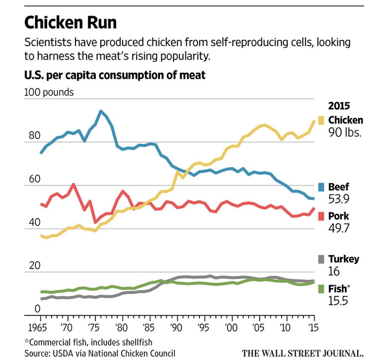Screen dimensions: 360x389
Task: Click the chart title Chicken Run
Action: click(x=70, y=23)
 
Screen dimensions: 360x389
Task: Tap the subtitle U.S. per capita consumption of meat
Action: click(x=114, y=76)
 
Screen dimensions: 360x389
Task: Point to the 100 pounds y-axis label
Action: click(x=49, y=92)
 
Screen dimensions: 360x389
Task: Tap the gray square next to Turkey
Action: click(x=321, y=259)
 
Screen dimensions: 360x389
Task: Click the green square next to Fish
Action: click(x=321, y=289)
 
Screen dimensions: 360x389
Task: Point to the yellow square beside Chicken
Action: click(x=321, y=121)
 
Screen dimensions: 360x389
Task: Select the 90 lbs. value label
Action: click(x=346, y=133)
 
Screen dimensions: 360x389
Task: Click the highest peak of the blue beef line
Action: click(x=101, y=111)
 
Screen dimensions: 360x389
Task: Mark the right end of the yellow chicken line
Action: click(x=315, y=121)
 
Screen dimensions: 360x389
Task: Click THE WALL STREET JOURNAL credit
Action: click(x=302, y=352)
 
